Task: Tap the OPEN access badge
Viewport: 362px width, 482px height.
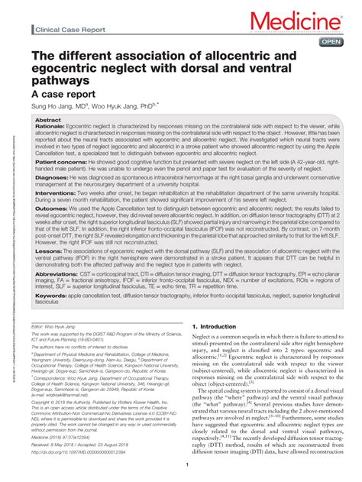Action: click(331, 41)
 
